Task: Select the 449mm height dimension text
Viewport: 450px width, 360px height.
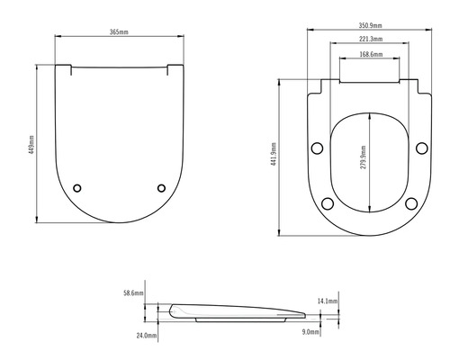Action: click(31, 144)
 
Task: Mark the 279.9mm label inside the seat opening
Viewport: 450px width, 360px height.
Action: click(364, 163)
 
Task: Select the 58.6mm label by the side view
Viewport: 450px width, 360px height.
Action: click(134, 293)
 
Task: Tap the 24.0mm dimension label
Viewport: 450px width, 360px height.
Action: click(147, 335)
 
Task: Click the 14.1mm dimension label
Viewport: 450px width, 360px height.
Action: click(328, 301)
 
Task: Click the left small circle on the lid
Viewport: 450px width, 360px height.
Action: click(77, 187)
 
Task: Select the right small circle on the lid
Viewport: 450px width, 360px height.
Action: click(162, 187)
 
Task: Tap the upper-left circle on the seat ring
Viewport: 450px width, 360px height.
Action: click(316, 148)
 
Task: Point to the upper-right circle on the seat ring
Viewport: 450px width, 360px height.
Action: click(423, 148)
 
